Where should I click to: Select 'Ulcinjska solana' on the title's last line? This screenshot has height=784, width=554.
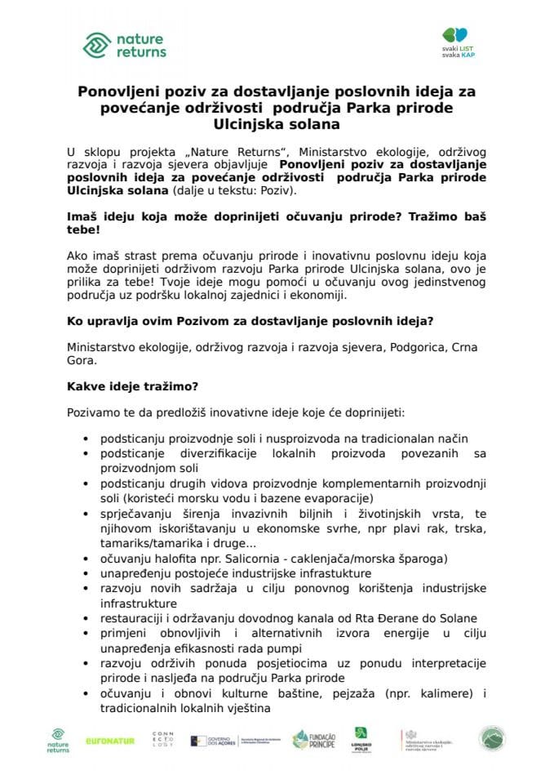[x=276, y=125]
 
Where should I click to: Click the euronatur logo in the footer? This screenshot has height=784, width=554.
[x=110, y=741]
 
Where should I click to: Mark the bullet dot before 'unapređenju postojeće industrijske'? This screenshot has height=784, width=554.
[x=86, y=574]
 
